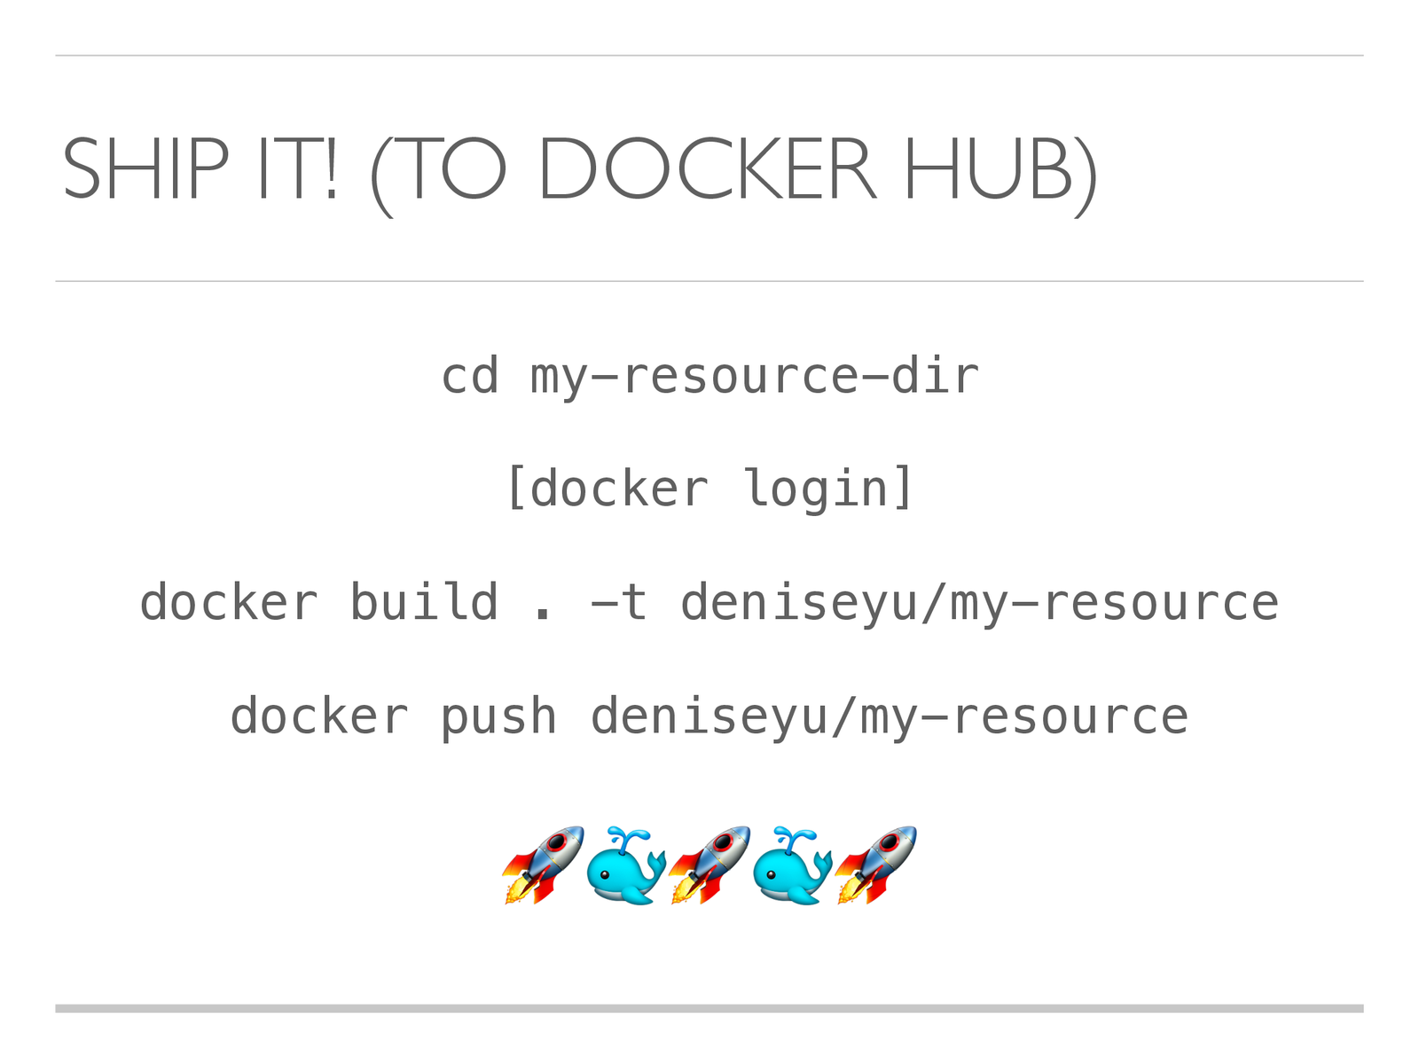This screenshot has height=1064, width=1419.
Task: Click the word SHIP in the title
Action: pyautogui.click(x=145, y=169)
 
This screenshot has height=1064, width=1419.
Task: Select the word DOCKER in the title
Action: pyautogui.click(x=707, y=169)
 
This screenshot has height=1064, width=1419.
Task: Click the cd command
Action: pyautogui.click(x=470, y=376)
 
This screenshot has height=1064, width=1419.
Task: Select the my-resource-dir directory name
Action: pyautogui.click(x=755, y=376)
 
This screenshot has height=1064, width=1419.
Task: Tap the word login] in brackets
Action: pyautogui.click(x=828, y=489)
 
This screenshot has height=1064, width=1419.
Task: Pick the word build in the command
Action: pyautogui.click(x=424, y=603)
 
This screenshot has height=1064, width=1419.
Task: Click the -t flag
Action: pyautogui.click(x=619, y=603)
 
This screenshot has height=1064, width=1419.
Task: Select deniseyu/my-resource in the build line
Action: pyautogui.click(x=979, y=603)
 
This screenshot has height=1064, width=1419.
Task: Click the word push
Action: pyautogui.click(x=498, y=716)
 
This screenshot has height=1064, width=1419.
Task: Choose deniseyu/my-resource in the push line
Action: pyautogui.click(x=889, y=716)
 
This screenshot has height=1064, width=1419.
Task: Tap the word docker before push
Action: pyautogui.click(x=319, y=716)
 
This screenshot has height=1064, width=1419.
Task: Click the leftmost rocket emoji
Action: pyautogui.click(x=543, y=864)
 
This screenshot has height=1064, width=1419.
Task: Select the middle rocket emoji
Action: pyautogui.click(x=709, y=864)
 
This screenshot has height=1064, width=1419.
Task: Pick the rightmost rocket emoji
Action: pyautogui.click(x=875, y=864)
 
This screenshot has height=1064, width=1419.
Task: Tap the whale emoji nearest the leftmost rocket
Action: pyautogui.click(x=626, y=866)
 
